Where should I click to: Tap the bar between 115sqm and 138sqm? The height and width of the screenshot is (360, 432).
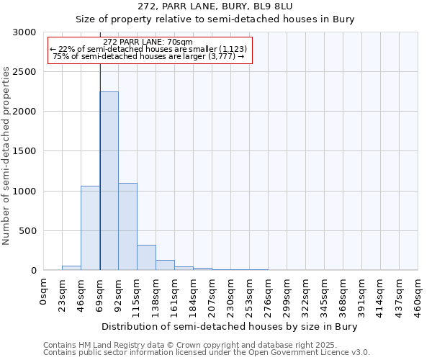click(146, 257)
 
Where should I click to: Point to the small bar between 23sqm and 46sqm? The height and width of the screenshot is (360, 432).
click(71, 268)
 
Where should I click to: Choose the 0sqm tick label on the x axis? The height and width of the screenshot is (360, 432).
click(44, 292)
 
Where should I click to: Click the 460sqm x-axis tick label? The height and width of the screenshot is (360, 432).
click(418, 297)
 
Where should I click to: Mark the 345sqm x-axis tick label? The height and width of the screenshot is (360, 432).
click(325, 297)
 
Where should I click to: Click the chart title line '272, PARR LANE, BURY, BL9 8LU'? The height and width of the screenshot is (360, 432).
click(215, 6)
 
